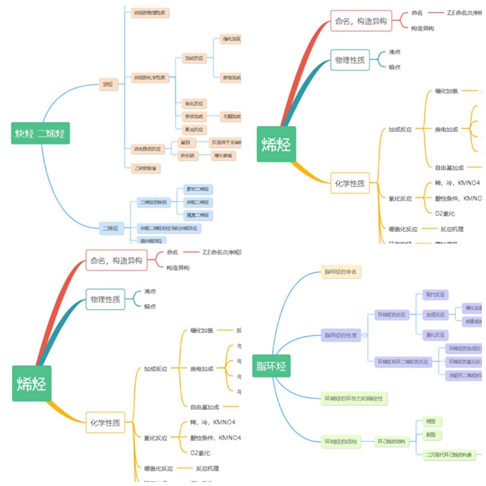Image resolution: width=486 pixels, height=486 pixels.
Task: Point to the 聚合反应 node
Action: (x=195, y=129)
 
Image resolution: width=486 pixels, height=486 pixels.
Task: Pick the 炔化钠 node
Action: (x=187, y=156)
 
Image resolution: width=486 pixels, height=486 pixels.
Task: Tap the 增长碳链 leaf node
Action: (x=223, y=156)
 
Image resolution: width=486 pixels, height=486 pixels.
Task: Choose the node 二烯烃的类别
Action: (x=153, y=202)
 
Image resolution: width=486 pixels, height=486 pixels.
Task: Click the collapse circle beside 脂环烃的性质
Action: (x=364, y=335)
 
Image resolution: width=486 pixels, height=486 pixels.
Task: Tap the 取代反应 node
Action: (x=436, y=295)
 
